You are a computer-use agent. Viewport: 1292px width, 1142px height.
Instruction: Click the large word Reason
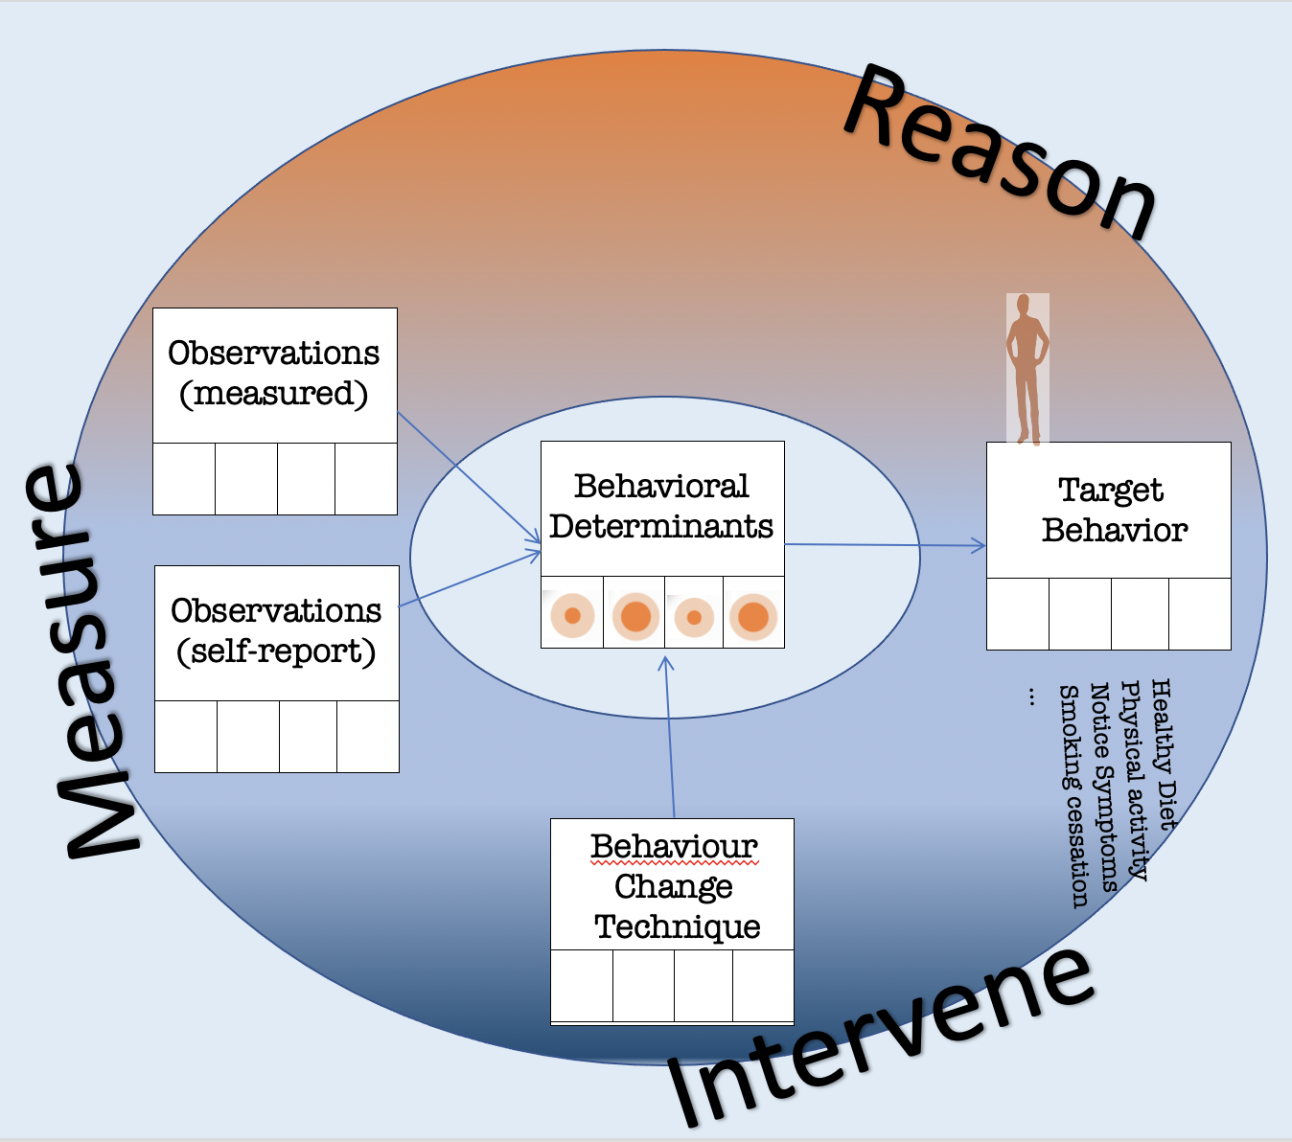1002,153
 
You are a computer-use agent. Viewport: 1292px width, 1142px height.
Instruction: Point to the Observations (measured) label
274,374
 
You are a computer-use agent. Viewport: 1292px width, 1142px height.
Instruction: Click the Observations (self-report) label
276,631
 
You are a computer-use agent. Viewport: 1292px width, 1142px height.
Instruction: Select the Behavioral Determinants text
661,507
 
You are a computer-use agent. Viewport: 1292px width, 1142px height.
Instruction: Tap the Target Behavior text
1112,510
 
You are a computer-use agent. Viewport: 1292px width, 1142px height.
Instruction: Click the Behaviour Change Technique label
675,886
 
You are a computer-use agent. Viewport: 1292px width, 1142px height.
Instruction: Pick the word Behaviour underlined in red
674,847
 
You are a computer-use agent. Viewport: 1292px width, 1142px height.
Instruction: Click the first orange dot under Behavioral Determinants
572,615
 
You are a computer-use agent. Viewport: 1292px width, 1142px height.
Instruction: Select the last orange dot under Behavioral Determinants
753,616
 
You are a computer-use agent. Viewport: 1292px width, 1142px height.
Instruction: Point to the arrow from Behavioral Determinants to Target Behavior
886,545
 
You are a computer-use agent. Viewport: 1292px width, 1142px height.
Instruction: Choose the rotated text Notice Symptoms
1104,787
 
